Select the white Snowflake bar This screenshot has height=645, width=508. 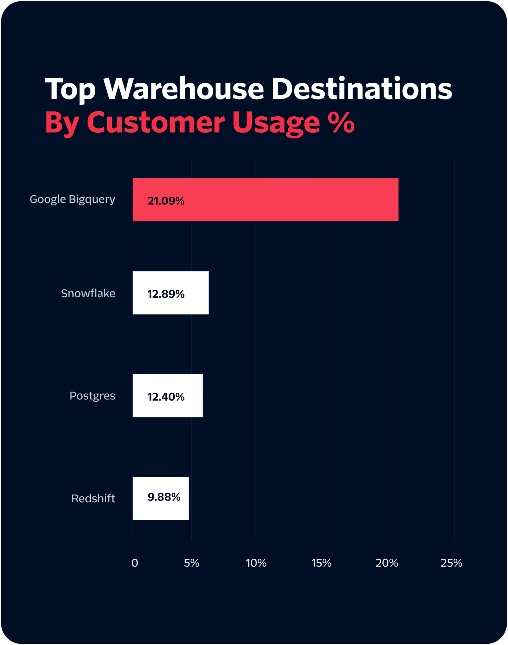point(170,293)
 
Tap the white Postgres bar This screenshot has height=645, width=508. point(168,396)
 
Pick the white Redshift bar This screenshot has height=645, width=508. point(161,498)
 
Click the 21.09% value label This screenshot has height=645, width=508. point(166,201)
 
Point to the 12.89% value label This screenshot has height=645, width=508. point(166,294)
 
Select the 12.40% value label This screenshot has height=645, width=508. point(166,397)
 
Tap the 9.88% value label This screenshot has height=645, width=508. point(164,497)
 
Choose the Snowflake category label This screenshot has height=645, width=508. point(88,293)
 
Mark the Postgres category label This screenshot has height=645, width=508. point(92,396)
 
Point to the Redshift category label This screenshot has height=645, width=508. point(93,499)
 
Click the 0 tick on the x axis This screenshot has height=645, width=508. point(135,563)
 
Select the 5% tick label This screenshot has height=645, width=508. point(192,563)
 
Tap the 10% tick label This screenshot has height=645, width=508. point(256,563)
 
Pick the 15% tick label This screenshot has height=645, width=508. point(321,563)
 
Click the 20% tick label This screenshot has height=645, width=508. point(387,563)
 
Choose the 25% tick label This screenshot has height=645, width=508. point(451,563)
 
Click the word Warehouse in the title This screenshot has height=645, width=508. point(184,89)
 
